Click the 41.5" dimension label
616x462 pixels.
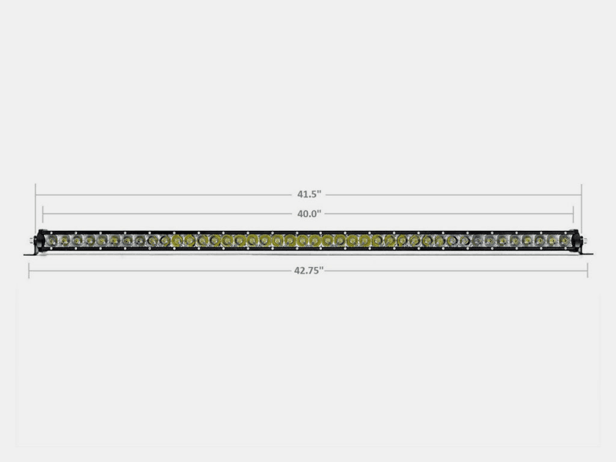point(308,195)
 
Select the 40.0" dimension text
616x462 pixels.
point(308,213)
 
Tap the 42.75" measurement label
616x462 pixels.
point(308,270)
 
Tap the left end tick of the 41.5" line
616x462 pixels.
point(35,195)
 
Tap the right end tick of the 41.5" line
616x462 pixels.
point(581,195)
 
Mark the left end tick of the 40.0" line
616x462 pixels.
point(43,213)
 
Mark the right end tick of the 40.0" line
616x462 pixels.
point(574,213)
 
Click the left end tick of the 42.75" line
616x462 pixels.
point(29,270)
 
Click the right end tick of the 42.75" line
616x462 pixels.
point(588,270)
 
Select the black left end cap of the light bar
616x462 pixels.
point(40,241)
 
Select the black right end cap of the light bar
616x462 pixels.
point(577,241)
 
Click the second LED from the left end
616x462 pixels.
point(65,241)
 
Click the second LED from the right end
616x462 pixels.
point(552,241)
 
